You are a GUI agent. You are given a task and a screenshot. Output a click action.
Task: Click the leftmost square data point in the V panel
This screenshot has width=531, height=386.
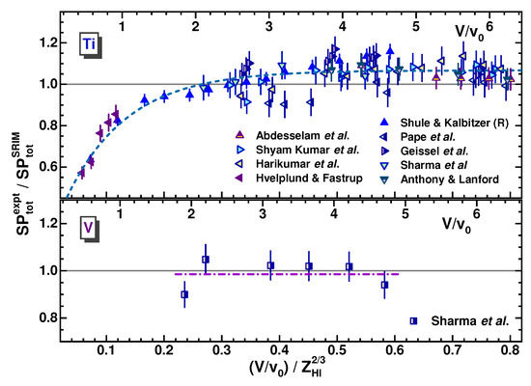pyautogui.click(x=184, y=294)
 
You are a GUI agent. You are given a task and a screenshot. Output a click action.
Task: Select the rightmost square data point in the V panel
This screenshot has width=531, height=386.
pyautogui.click(x=384, y=285)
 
